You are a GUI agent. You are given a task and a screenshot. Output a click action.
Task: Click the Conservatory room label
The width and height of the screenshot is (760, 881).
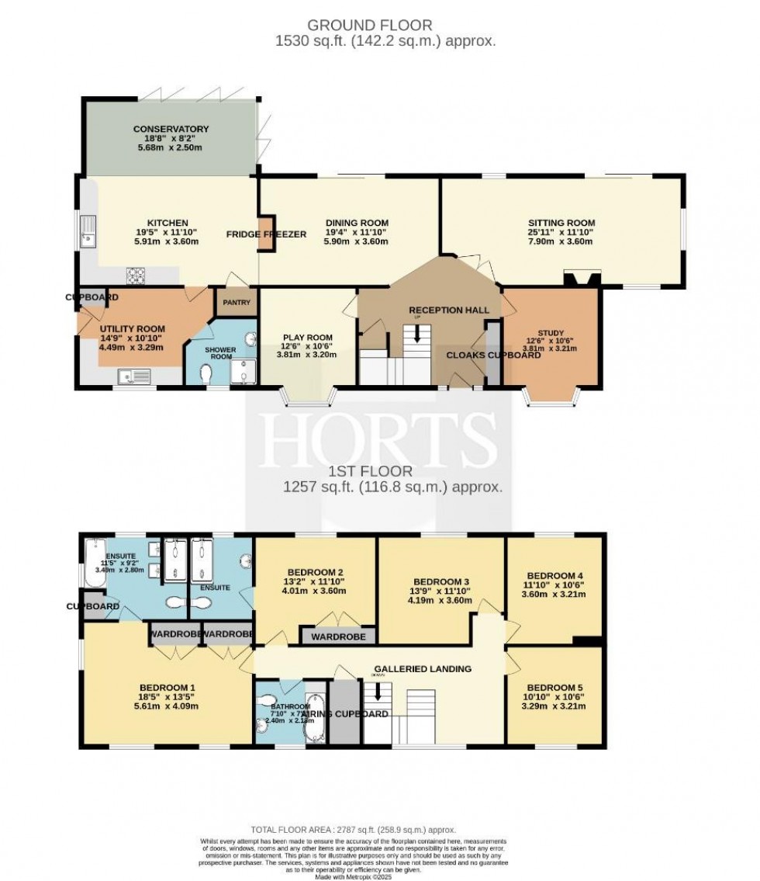coord(171,129)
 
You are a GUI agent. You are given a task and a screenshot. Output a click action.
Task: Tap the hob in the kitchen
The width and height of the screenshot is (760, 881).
coord(137,274)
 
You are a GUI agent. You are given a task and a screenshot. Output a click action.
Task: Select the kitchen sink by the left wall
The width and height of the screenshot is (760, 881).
coord(89,229)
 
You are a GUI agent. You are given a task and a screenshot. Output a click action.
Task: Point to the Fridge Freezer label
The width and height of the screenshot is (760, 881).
coord(267,234)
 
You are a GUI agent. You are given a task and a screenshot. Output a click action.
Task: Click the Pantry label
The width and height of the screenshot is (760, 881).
coord(235,302)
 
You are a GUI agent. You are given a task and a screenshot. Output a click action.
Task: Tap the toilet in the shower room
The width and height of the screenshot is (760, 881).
coord(206,373)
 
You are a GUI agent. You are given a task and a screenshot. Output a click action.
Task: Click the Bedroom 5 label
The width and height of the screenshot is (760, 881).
coord(554,687)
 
